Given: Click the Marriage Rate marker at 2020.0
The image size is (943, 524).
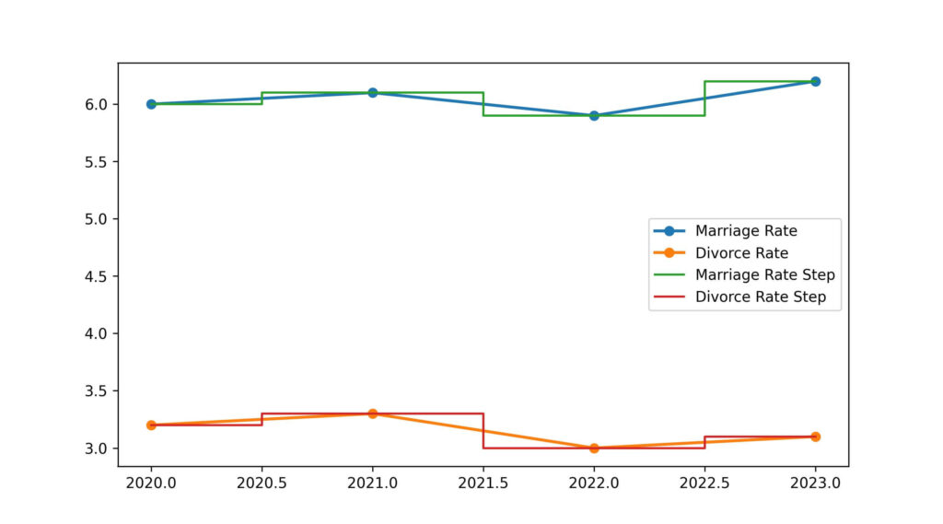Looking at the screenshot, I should point(151,104).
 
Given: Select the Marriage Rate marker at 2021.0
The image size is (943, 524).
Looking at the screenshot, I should point(372,93).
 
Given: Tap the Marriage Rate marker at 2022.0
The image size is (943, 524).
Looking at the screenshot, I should point(594,116).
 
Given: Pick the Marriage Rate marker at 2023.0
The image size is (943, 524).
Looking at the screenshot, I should point(815,81).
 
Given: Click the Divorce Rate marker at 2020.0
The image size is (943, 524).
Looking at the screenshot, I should point(151,425).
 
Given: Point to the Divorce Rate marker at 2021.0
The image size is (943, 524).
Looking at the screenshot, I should point(372,413).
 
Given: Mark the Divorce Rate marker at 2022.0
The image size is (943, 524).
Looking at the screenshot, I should point(594,448).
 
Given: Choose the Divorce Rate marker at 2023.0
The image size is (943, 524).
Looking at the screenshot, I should point(815,437).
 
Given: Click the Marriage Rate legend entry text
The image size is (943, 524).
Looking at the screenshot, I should point(746,231).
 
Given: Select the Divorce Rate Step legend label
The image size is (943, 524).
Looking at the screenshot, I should point(761,297).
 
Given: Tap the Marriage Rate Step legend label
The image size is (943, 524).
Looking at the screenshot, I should point(764,275).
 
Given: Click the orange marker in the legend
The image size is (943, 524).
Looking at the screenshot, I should point(670,253).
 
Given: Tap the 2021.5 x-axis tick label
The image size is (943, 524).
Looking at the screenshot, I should point(483,481).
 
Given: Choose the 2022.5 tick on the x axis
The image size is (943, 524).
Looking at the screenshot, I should point(704,481).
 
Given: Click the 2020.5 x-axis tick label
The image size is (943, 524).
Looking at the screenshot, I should point(262,481).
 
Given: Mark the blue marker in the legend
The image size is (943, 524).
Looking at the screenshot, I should point(670,231).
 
